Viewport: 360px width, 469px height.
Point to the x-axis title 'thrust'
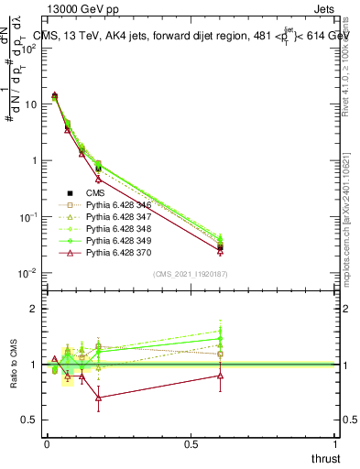click(325, 457)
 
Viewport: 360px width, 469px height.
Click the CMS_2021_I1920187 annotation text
click(191, 274)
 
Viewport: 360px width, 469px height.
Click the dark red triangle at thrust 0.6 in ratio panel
click(220, 375)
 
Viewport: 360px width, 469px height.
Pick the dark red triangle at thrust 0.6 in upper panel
click(220, 251)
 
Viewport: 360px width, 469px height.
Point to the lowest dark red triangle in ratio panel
click(99, 398)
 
